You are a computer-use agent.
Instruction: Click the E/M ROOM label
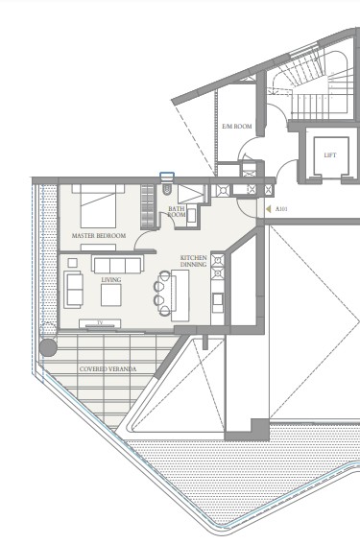point(237,127)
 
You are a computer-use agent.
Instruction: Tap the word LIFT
point(330,155)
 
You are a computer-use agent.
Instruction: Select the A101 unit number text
point(281,209)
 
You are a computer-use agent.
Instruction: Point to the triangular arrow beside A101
point(268,209)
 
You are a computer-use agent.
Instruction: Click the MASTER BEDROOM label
point(99,236)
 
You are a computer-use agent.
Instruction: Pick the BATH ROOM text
point(177,212)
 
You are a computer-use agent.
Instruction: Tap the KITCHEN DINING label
point(193,261)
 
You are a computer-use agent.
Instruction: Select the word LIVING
point(111,279)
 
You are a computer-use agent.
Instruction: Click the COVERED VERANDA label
point(108,368)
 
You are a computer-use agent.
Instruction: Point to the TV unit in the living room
point(100,324)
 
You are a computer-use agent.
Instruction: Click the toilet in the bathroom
point(167,189)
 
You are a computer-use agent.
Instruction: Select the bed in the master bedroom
point(98,206)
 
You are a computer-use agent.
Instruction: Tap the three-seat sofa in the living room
point(117,264)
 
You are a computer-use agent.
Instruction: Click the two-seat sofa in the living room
point(74,290)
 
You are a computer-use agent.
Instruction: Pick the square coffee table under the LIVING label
point(111,295)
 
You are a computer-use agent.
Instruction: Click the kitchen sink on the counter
point(218,299)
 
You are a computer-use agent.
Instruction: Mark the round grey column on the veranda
point(48,347)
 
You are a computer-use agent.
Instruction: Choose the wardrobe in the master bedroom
point(147,207)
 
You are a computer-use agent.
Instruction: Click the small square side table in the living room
point(73,263)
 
